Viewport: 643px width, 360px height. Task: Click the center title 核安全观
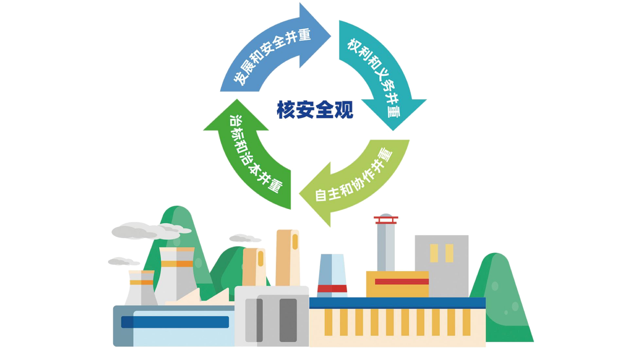(x=315, y=110)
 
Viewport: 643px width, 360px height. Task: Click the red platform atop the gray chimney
(x=386, y=220)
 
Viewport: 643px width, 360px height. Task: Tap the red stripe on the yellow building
(x=401, y=281)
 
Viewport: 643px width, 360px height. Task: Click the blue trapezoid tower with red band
(x=332, y=276)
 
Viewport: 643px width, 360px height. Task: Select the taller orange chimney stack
(x=288, y=258)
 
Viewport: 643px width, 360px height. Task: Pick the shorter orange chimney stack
(x=254, y=267)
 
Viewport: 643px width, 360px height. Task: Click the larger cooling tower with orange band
(x=176, y=276)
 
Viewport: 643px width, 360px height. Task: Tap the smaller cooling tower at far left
(x=141, y=288)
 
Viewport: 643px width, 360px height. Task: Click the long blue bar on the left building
(x=175, y=322)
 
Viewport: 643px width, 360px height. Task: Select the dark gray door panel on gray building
(x=288, y=320)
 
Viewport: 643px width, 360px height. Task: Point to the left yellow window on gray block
(x=434, y=253)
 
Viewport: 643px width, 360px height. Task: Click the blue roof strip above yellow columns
(x=398, y=303)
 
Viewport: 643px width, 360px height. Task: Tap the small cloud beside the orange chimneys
(x=245, y=238)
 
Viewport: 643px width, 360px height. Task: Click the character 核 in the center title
(x=286, y=110)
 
